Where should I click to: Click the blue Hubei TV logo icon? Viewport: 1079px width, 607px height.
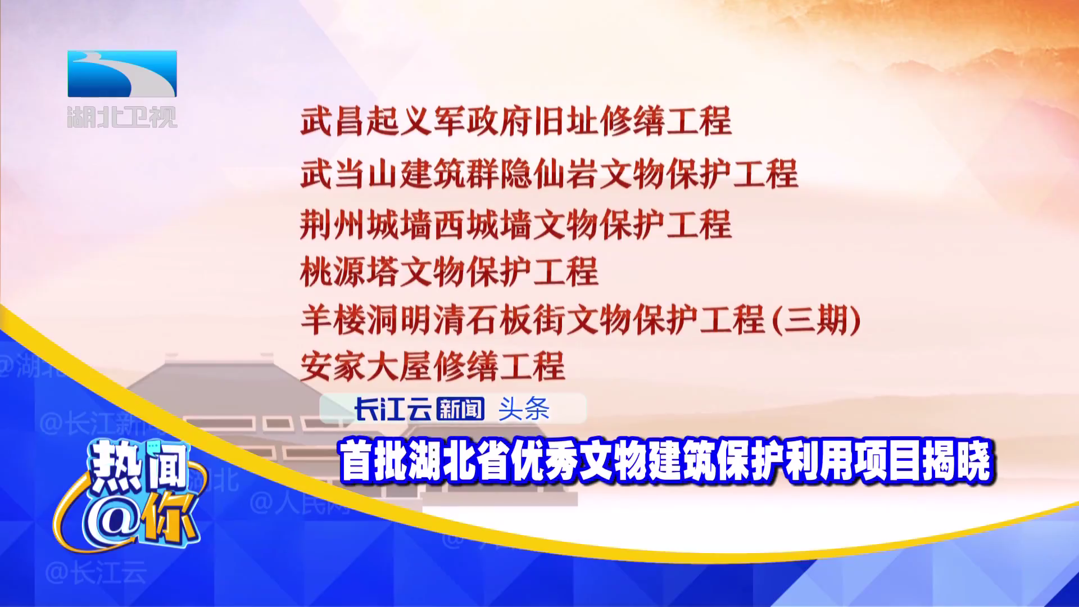[122, 74]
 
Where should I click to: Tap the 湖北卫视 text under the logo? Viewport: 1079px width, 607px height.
[122, 117]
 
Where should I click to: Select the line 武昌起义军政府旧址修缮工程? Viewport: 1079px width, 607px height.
[516, 121]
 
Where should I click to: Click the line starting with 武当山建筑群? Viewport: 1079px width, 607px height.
[549, 174]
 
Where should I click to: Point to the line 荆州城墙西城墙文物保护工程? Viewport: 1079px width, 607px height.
[516, 224]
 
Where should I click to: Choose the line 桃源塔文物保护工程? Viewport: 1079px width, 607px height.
[449, 271]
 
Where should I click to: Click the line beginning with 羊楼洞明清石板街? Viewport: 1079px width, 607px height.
[581, 320]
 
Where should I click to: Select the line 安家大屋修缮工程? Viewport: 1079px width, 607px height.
[433, 366]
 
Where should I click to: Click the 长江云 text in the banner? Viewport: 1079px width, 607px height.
[392, 409]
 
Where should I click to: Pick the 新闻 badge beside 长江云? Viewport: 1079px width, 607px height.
[460, 409]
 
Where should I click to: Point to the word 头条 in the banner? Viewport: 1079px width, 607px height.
[524, 409]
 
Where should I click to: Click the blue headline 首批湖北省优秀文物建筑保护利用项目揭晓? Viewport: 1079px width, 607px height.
[667, 461]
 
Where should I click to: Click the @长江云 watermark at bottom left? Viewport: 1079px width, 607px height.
[96, 573]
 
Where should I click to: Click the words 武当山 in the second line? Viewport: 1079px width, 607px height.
[350, 174]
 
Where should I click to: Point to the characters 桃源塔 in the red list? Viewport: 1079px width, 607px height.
[350, 271]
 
